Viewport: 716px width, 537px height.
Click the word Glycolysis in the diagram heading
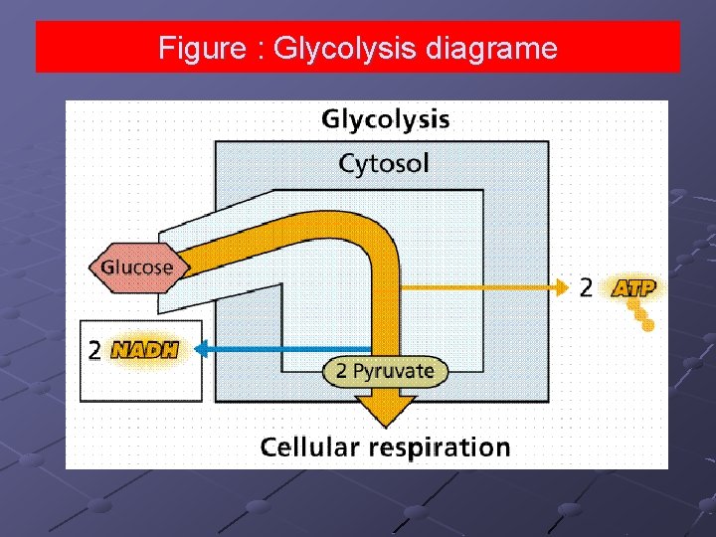point(385,120)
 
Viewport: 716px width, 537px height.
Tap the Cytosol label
point(384,162)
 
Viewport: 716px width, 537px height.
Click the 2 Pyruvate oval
point(386,372)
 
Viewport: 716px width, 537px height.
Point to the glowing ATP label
point(633,288)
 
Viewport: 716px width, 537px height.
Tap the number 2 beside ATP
point(587,288)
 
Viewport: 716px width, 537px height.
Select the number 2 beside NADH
point(94,350)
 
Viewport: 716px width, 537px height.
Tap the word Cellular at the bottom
point(309,447)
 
